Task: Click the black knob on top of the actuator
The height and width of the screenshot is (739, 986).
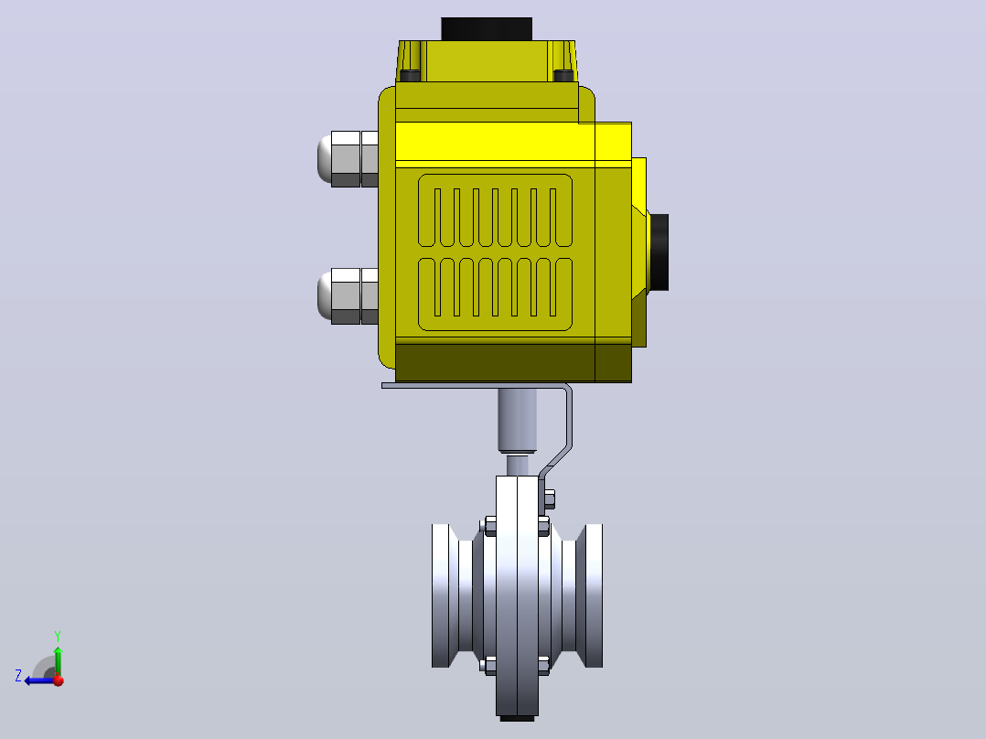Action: (x=487, y=29)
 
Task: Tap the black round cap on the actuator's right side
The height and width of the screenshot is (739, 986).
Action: (x=659, y=252)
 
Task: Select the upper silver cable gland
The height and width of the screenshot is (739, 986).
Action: (x=348, y=159)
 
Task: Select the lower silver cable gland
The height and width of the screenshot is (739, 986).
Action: (x=348, y=296)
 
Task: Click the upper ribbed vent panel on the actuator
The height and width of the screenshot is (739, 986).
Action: (x=496, y=210)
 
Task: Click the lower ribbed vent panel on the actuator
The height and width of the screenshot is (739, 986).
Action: (x=496, y=295)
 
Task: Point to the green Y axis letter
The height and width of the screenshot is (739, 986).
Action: (x=58, y=636)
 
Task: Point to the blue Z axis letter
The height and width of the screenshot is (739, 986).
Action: (x=18, y=676)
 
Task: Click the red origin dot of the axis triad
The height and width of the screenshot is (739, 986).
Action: (x=59, y=680)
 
